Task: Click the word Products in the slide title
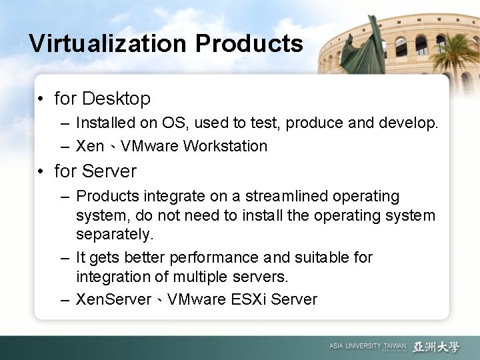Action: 249,44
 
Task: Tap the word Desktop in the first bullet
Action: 116,99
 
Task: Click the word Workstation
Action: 228,146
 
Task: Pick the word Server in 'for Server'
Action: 109,171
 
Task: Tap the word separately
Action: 115,235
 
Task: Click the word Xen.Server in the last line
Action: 114,299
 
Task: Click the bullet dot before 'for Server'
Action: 41,172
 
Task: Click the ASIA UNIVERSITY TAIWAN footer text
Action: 367,346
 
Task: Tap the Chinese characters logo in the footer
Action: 436,346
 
